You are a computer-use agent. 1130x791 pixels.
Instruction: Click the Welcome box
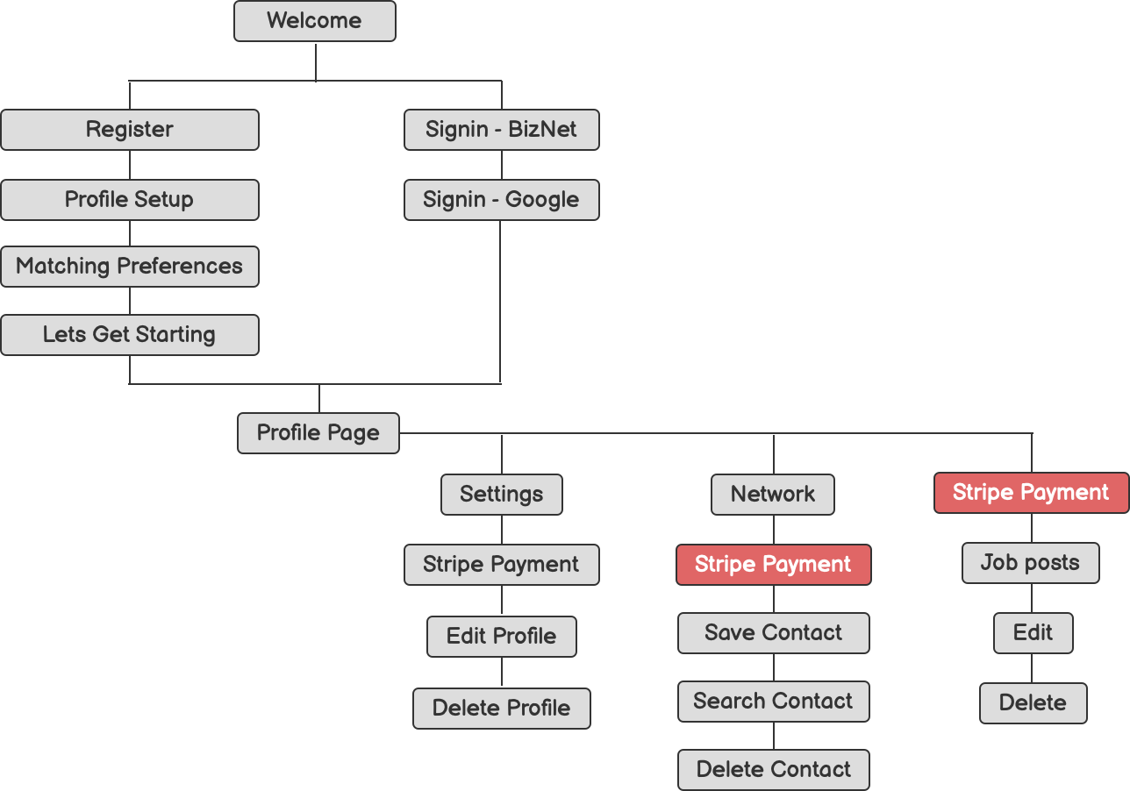click(314, 21)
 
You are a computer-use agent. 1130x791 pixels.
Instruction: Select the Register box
click(130, 130)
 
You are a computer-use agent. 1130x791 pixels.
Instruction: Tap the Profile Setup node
click(130, 200)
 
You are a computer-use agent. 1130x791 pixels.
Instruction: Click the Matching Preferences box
click(130, 267)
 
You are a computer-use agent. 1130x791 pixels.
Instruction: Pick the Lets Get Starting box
click(130, 335)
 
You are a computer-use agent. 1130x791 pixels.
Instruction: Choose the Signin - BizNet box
click(502, 130)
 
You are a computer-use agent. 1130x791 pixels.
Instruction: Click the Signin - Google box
click(502, 200)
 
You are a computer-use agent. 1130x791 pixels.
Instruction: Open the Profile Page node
click(318, 433)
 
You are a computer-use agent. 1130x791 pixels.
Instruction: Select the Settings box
click(502, 495)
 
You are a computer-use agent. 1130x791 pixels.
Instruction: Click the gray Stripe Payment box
click(502, 565)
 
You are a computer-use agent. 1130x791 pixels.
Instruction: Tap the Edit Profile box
click(502, 637)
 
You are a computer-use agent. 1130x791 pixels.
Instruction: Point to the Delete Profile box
click(502, 709)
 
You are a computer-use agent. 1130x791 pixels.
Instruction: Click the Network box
click(773, 495)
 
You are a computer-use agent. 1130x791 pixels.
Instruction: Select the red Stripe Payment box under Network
click(773, 565)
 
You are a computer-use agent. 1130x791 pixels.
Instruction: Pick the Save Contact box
click(773, 633)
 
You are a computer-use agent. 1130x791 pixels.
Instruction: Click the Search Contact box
click(773, 702)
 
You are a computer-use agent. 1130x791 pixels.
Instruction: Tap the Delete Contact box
click(773, 770)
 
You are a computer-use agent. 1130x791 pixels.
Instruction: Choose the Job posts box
click(1031, 563)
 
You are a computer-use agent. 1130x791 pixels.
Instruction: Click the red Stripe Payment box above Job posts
click(1031, 493)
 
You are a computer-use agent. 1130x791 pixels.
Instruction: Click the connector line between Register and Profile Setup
click(130, 165)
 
